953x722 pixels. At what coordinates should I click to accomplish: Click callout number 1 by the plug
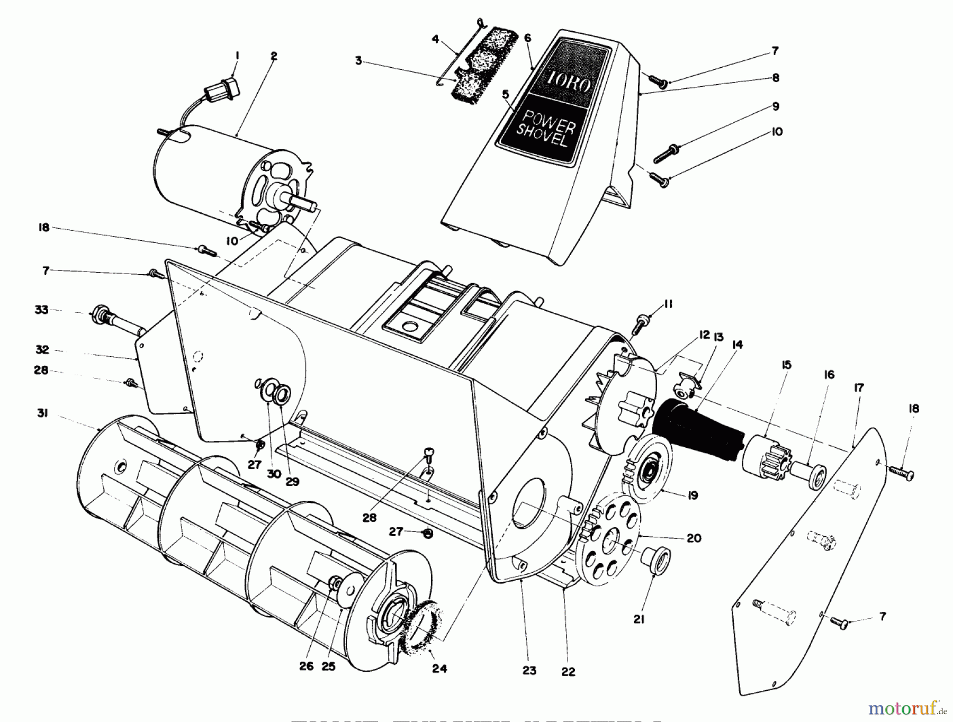[238, 55]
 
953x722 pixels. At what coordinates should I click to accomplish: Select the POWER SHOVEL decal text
[547, 130]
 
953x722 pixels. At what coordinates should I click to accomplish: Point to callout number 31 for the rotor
[42, 413]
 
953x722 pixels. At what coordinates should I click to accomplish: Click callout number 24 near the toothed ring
[439, 669]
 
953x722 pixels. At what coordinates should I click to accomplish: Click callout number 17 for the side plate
[858, 387]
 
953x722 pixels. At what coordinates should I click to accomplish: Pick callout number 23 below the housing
[529, 671]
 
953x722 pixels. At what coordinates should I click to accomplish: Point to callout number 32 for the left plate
[42, 349]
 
